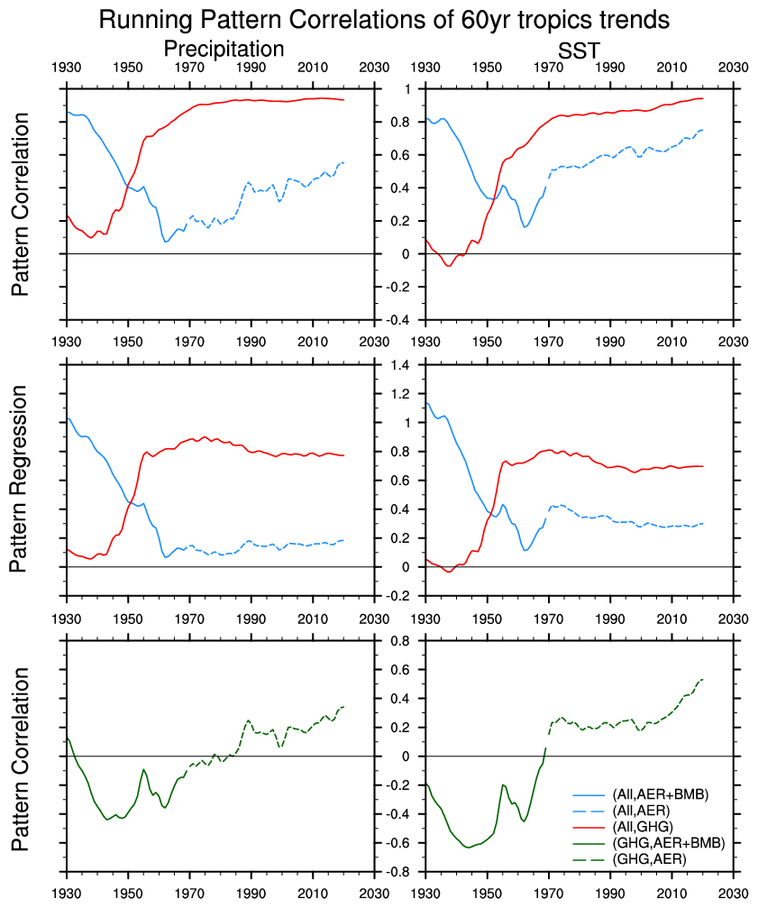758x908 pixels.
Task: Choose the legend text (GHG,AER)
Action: click(649, 859)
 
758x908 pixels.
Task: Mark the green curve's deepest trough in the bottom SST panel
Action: click(467, 848)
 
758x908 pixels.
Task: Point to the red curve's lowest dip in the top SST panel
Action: click(449, 266)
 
